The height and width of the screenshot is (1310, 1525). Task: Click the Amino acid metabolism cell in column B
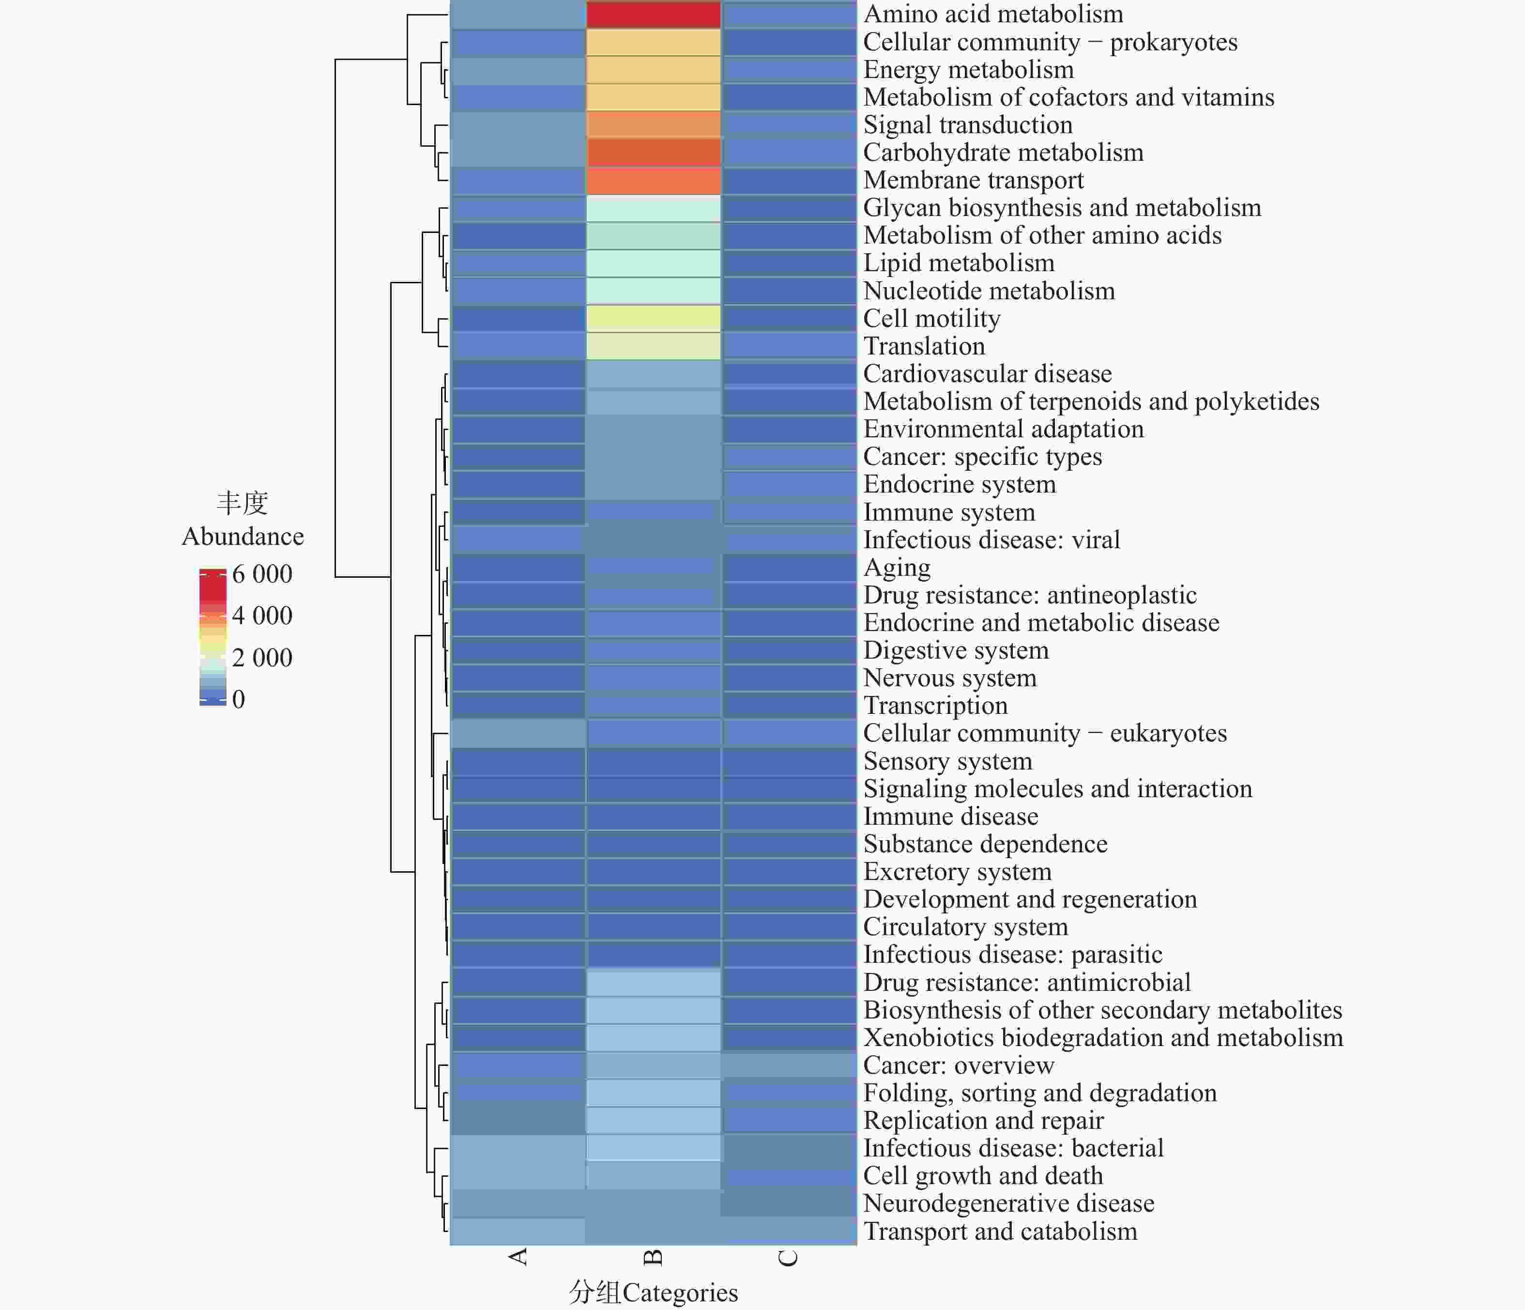[x=653, y=15]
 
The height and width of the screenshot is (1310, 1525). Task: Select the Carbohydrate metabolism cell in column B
[x=653, y=153]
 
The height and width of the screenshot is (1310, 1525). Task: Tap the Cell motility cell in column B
[x=653, y=318]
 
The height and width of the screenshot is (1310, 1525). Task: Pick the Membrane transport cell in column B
[x=653, y=181]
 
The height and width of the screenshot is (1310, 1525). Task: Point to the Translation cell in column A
[x=518, y=346]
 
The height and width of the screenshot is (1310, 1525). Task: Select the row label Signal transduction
[x=967, y=125]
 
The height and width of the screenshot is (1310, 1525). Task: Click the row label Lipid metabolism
[x=958, y=263]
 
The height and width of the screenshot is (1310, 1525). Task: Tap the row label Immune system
[x=949, y=512]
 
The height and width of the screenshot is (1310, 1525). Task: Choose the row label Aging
[x=897, y=568]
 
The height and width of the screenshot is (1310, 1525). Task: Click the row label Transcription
[x=935, y=706]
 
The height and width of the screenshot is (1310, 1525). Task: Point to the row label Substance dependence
[x=985, y=844]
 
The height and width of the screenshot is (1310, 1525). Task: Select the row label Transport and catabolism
[x=1000, y=1231]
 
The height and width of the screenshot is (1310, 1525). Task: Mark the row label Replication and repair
[x=983, y=1121]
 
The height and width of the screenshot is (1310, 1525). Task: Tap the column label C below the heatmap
[x=788, y=1257]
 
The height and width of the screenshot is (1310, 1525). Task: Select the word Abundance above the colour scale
[x=243, y=536]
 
